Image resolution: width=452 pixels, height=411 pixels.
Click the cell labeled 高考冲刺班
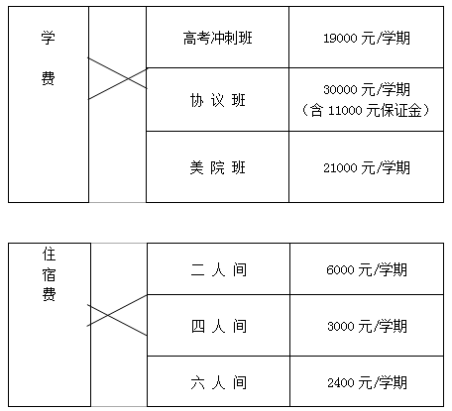click(218, 38)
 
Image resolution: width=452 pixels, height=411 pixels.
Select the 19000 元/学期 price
click(367, 38)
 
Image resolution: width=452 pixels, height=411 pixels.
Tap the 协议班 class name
click(218, 100)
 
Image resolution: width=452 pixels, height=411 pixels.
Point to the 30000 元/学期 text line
click(367, 89)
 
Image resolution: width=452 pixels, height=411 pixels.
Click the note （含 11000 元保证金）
click(367, 110)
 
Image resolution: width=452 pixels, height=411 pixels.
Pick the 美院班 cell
click(218, 167)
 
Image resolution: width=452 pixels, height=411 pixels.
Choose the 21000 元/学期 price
click(367, 167)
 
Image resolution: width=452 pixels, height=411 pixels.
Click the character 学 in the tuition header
click(49, 38)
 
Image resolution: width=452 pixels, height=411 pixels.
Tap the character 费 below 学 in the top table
click(49, 78)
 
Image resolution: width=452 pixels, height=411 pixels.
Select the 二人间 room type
click(218, 269)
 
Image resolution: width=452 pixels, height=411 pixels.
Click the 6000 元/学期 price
click(367, 269)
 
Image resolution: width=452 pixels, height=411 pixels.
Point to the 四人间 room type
click(218, 326)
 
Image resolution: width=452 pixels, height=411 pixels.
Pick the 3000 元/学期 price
click(367, 326)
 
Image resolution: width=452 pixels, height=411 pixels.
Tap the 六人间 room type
click(218, 382)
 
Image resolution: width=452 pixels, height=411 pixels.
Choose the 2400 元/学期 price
click(367, 382)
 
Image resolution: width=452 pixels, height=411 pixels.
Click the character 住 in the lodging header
click(49, 255)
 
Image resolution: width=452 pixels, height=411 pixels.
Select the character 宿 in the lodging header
click(49, 274)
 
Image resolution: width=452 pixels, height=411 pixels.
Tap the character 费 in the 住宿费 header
click(49, 294)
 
